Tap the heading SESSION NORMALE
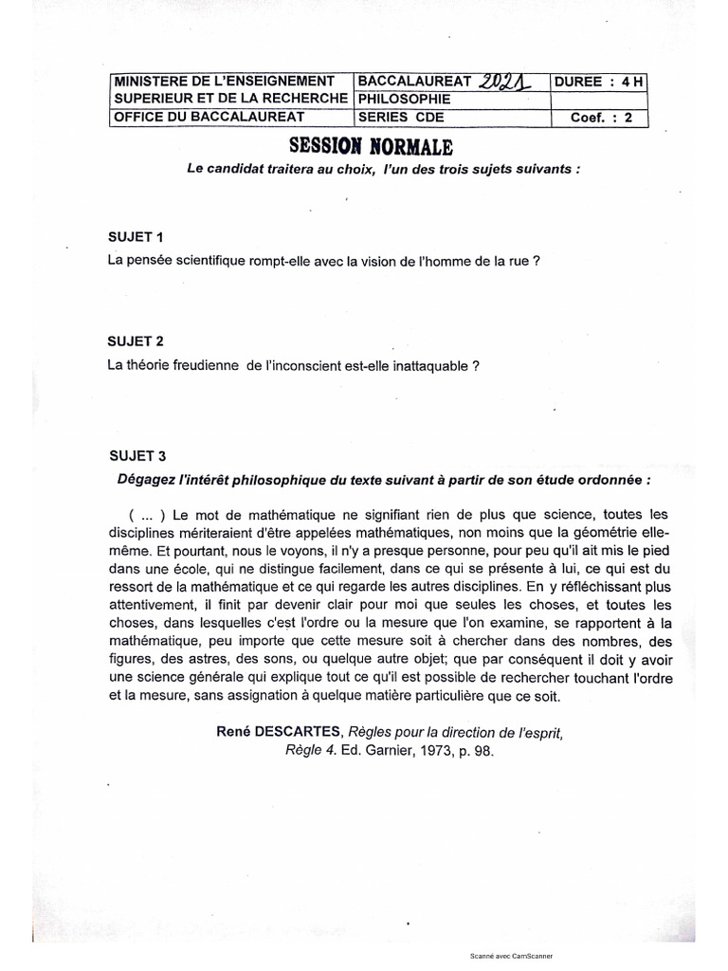coord(365,146)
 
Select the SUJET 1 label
coord(136,236)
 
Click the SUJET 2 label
coord(136,340)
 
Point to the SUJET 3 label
coord(136,455)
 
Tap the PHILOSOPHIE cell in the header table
coord(398,100)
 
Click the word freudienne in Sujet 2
coord(203,364)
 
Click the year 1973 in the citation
coord(431,748)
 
